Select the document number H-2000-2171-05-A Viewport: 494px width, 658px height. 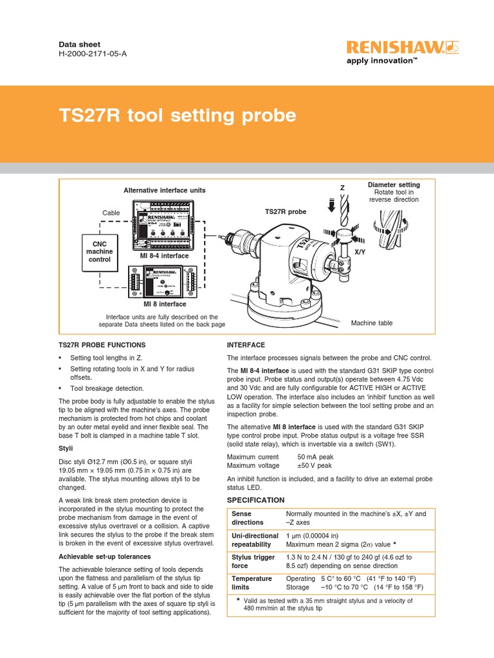pos(93,54)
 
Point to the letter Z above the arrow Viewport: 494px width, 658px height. pos(342,187)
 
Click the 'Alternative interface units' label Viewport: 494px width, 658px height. pos(165,190)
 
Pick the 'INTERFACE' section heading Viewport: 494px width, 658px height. pos(246,345)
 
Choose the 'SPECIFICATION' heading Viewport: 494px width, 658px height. pos(255,499)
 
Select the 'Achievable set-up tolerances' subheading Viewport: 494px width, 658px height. pos(105,556)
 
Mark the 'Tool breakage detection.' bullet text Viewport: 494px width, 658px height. pos(107,388)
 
